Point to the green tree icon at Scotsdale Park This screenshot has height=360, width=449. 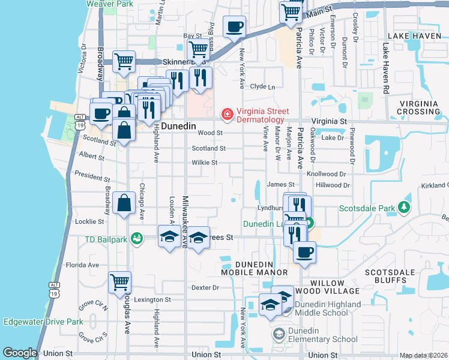pos(406,208)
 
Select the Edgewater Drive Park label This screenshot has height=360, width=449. pos(43,322)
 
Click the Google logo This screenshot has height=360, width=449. pos(20,353)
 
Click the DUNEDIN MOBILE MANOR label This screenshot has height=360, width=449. pos(254,268)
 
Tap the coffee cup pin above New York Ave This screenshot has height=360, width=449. pos(234,26)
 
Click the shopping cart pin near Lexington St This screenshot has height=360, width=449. pos(119,281)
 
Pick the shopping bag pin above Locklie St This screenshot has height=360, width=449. pos(124,203)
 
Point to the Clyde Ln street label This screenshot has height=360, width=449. pos(262,87)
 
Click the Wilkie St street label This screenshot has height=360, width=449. pos(204,163)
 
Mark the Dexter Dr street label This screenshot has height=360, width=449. pos(205,288)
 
